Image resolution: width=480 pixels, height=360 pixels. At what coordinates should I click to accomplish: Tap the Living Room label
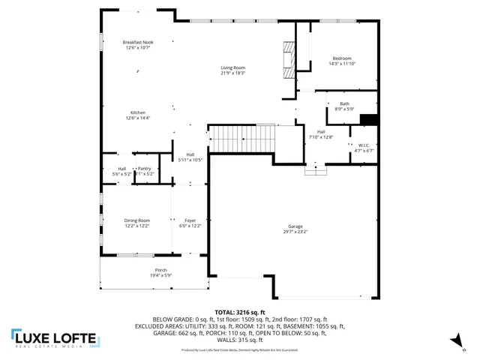pyautogui.click(x=233, y=68)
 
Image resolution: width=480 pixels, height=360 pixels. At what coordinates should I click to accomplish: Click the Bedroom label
pyautogui.click(x=342, y=58)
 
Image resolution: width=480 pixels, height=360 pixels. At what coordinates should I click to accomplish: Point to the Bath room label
pyautogui.click(x=344, y=103)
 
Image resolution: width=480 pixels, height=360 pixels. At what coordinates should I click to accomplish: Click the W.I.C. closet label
pyautogui.click(x=364, y=145)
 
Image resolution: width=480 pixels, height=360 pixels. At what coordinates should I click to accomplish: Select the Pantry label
pyautogui.click(x=144, y=169)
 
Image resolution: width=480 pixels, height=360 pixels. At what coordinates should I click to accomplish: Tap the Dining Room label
pyautogui.click(x=136, y=220)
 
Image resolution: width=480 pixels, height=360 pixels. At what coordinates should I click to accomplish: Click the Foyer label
pyautogui.click(x=190, y=220)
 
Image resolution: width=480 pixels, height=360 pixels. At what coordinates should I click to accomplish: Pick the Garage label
pyautogui.click(x=296, y=226)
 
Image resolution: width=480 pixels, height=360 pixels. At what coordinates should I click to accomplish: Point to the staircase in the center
pyautogui.click(x=241, y=137)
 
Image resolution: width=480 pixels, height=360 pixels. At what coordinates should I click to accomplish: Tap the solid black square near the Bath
pyautogui.click(x=369, y=118)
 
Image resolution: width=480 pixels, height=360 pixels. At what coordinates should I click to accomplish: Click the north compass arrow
pyautogui.click(x=454, y=341)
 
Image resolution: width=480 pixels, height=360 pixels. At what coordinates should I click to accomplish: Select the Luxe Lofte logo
pyautogui.click(x=55, y=338)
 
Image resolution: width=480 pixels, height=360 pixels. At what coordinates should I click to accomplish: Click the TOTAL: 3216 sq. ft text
pyautogui.click(x=239, y=312)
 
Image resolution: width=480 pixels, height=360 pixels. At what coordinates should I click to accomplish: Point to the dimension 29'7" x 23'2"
pyautogui.click(x=296, y=232)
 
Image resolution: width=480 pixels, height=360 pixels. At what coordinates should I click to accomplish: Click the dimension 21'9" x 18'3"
pyautogui.click(x=233, y=73)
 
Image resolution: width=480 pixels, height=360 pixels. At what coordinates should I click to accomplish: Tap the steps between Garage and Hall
pyautogui.click(x=316, y=170)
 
